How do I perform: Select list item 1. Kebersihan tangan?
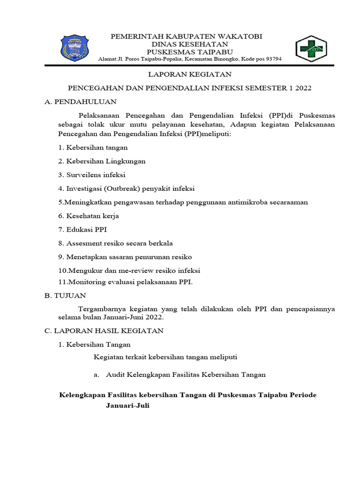click(x=93, y=147)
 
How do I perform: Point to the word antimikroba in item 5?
click(x=246, y=202)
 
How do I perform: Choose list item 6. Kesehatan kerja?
click(x=89, y=216)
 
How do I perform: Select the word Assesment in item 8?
click(x=83, y=243)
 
